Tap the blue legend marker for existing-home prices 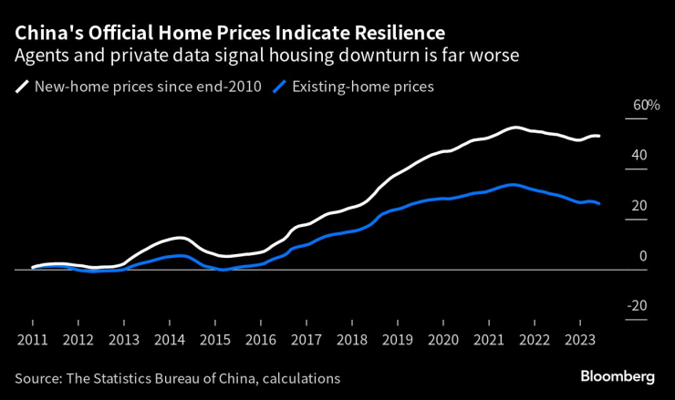click(282, 87)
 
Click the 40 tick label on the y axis click(639, 156)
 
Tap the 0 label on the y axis click(642, 256)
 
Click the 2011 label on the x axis click(32, 339)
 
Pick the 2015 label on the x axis click(214, 339)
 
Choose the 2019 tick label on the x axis click(397, 339)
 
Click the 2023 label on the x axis click(579, 339)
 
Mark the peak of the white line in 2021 click(514, 128)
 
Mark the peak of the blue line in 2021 click(514, 185)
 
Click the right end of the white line click(598, 137)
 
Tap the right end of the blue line click(598, 203)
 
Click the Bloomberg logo click(618, 376)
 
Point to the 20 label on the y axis click(639, 206)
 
